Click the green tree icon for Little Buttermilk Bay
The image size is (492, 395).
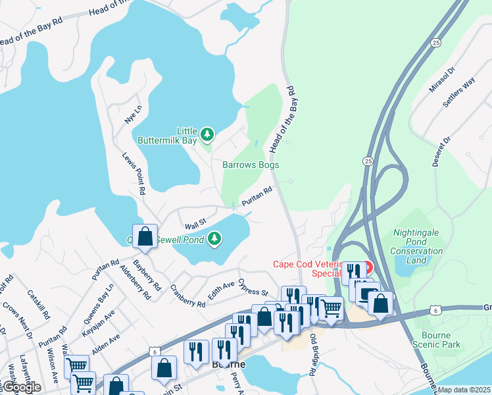(207, 134)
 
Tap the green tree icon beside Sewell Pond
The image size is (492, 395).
(215, 238)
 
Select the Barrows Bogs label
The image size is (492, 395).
(251, 165)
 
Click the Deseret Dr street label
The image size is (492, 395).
(440, 152)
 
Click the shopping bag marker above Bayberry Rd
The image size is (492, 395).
(145, 237)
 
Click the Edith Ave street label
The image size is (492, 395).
(221, 292)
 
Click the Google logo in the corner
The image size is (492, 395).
(21, 387)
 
